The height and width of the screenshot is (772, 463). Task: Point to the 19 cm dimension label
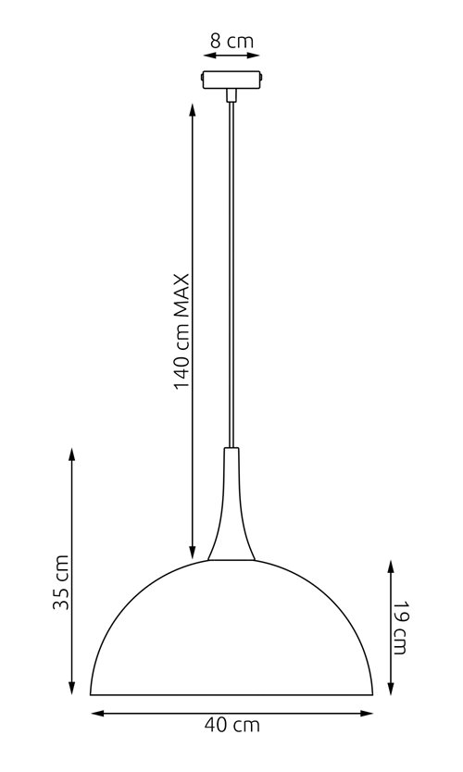(399, 628)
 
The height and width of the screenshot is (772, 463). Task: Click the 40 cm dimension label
(232, 726)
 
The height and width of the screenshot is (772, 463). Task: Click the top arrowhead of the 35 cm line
(72, 453)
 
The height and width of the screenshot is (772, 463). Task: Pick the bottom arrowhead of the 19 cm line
(390, 689)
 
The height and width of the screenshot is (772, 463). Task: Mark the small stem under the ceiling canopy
(231, 93)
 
